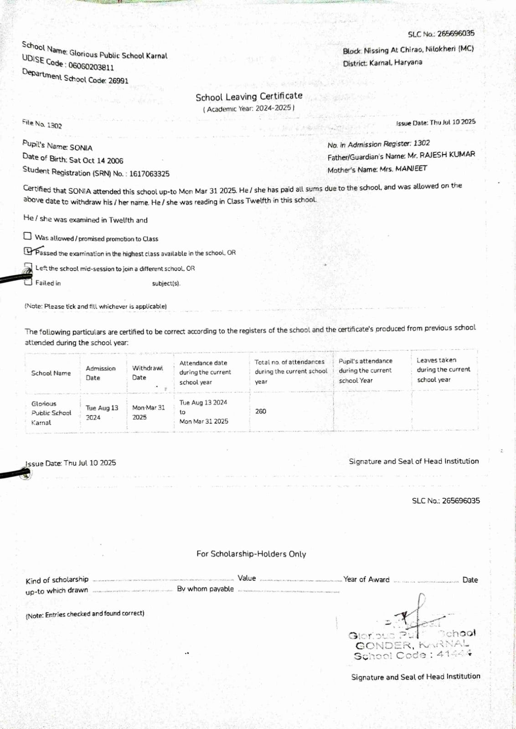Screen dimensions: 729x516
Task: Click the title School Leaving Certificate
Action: pos(249,97)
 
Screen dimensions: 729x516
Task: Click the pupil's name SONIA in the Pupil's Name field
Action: pos(81,148)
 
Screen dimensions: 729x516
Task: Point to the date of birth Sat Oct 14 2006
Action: pos(96,160)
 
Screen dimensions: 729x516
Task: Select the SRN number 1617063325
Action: pos(149,174)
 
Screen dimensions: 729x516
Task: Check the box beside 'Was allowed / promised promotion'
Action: pos(28,236)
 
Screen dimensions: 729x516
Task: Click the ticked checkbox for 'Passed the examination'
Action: pos(28,251)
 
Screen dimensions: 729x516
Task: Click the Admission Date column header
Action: pos(100,373)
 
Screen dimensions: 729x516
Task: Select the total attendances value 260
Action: pos(261,411)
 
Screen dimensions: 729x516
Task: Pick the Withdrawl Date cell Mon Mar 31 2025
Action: pos(148,412)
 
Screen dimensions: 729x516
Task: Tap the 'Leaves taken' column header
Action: pos(443,370)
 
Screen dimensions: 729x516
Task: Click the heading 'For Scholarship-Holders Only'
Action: pos(251,554)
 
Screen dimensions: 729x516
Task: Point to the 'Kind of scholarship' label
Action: pos(57,580)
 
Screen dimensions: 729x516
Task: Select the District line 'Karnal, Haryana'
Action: pos(396,62)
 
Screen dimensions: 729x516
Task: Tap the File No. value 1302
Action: pos(54,125)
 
